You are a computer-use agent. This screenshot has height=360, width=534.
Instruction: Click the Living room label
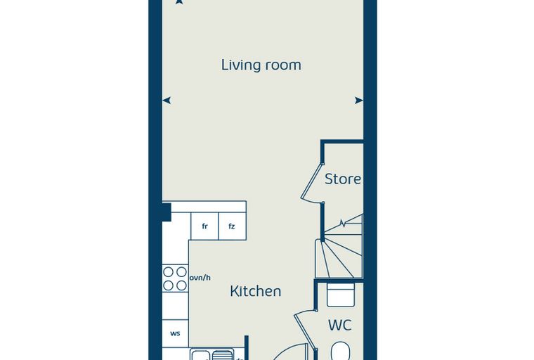point(261,65)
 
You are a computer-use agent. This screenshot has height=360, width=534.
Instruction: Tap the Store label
point(343,179)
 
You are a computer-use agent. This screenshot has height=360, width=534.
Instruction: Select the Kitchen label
point(256,292)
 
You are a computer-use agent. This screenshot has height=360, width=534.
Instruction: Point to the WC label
point(340,326)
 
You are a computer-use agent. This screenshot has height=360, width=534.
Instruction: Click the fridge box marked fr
point(204,226)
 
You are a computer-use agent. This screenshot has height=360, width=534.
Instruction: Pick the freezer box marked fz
point(232,226)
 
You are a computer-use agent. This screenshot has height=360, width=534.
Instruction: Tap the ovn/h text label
point(200,278)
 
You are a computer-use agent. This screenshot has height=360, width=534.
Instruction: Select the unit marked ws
point(176,333)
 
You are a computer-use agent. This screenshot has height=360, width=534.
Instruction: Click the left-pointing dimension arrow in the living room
point(167,101)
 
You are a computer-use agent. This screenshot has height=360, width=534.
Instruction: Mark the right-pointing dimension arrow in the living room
point(359,101)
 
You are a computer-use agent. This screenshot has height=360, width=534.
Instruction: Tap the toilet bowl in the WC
point(340,351)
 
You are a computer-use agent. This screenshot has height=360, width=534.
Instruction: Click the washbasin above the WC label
point(341,295)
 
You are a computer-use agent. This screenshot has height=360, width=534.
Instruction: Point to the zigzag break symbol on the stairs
point(344,224)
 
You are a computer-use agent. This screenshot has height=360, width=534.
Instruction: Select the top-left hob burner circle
point(168,272)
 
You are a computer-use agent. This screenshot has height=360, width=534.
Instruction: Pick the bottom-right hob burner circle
point(182,285)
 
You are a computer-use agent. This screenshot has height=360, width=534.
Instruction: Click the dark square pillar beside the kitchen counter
point(167,212)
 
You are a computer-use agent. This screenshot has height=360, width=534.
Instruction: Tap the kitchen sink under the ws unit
point(211,354)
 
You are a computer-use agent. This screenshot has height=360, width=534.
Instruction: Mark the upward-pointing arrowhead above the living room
point(178,2)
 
